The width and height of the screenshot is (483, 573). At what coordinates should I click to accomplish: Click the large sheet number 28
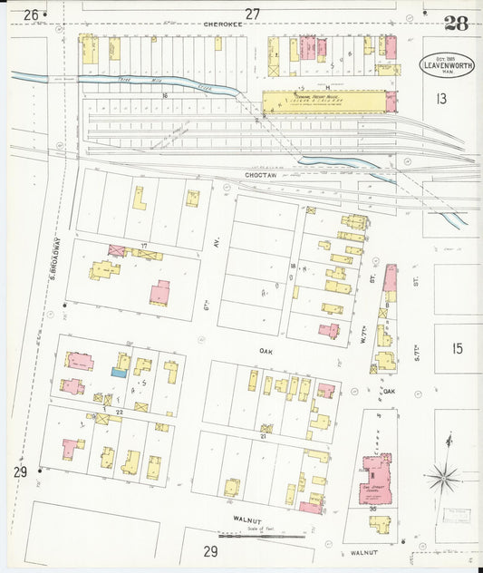coord(457,24)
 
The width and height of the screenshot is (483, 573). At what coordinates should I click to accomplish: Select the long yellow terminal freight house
coord(326,101)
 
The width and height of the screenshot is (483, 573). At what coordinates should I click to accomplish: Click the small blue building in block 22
coord(119,371)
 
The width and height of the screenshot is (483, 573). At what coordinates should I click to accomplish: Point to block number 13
coord(441,98)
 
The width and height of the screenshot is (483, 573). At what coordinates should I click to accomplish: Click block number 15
coord(456,348)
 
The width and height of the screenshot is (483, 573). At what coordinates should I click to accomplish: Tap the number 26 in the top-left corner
coord(32,15)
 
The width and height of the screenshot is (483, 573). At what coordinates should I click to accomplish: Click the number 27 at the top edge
coord(252,14)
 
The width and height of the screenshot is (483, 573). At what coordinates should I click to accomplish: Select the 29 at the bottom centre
coord(210,551)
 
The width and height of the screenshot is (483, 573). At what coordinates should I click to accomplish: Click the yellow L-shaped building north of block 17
coord(140,198)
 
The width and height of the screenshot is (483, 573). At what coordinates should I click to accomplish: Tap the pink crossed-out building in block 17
coord(117,250)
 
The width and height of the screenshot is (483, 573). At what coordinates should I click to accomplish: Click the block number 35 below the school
coord(372,510)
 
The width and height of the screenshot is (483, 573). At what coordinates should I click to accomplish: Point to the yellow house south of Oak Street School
coord(380,524)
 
